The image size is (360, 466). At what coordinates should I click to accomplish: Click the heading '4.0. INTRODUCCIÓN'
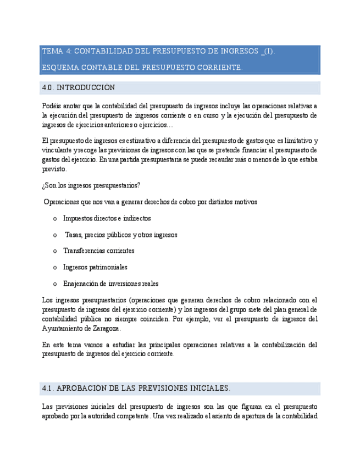pyautogui.click(x=79, y=88)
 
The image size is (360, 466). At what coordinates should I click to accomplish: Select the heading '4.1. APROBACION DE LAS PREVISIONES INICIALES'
pyautogui.click(x=136, y=389)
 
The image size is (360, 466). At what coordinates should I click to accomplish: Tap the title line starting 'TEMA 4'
pyautogui.click(x=158, y=52)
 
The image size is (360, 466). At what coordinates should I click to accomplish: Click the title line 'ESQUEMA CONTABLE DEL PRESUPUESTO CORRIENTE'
pyautogui.click(x=142, y=68)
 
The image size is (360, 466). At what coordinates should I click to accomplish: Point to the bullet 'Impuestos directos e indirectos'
pyautogui.click(x=107, y=218)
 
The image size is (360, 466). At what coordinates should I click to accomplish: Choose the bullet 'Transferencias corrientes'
pyautogui.click(x=98, y=251)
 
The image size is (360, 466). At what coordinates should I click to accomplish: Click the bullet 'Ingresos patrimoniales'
pyautogui.click(x=95, y=267)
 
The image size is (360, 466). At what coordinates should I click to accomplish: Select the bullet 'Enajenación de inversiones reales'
pyautogui.click(x=110, y=284)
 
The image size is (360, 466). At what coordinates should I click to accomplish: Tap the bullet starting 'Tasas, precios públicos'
pyautogui.click(x=121, y=235)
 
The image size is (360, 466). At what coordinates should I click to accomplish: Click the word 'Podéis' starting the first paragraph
pyautogui.click(x=51, y=106)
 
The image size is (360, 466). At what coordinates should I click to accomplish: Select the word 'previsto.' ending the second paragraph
pyautogui.click(x=54, y=169)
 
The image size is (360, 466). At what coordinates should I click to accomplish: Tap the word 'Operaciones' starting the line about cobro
pyautogui.click(x=61, y=202)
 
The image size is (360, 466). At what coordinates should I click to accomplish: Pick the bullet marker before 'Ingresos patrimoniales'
pyautogui.click(x=55, y=268)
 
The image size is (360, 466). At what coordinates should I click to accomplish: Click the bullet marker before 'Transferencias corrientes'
pyautogui.click(x=55, y=251)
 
